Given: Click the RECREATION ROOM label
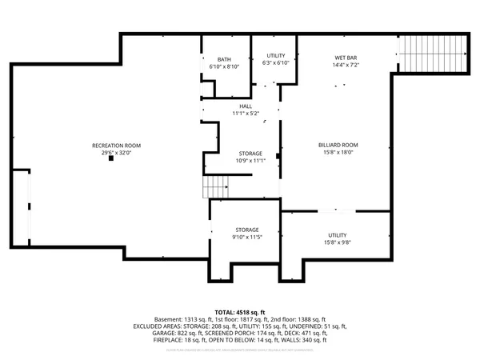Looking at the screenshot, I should pos(116,145).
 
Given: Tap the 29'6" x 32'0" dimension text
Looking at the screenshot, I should pos(116,152).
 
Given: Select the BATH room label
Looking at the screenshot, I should pos(224,59).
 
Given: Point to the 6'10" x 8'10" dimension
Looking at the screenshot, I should pos(224,66).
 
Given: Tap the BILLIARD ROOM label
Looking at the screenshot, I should pos(338,145).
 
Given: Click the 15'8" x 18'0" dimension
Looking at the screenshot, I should pos(338,152).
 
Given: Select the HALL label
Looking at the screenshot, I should pos(246,106).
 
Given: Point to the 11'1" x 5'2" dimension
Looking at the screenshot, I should pos(246,114).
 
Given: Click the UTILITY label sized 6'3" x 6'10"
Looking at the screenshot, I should pos(275,55).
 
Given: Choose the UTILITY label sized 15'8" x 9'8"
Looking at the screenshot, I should pos(338,234).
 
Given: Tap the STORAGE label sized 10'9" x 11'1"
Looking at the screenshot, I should pos(250,153).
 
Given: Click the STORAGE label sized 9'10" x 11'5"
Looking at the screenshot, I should pos(246,230).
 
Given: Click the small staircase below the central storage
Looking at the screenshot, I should pos(214,189).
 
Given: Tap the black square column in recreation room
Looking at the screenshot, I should pos(112,158).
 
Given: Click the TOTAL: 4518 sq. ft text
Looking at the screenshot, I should pos(240,311).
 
